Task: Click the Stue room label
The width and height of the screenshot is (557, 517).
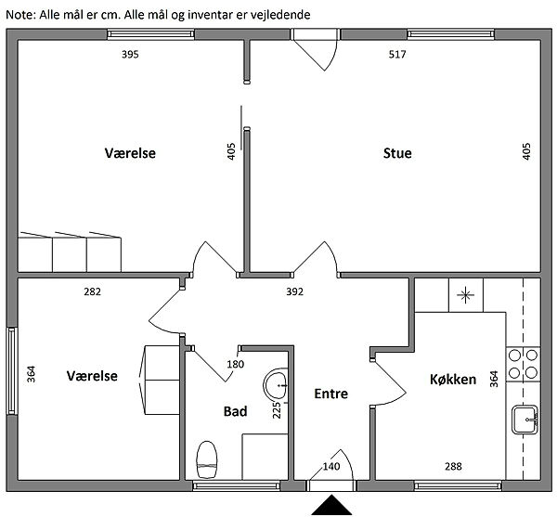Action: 397,153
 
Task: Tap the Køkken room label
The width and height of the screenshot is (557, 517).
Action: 453,380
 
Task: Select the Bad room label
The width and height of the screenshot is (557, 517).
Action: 235,411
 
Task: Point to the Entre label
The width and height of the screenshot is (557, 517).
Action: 330,394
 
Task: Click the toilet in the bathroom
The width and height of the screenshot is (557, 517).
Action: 206,459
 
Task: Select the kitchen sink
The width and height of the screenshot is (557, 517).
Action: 525,420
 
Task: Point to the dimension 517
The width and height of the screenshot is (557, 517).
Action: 397,55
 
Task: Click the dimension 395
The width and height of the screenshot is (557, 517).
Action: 130,55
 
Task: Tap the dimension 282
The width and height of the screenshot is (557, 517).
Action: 92,291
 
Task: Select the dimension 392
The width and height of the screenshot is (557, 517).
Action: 295,291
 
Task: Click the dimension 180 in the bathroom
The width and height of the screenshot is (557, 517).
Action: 236,364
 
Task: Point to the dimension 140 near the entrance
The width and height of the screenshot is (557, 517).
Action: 331,466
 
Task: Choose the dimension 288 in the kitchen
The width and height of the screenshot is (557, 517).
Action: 453,466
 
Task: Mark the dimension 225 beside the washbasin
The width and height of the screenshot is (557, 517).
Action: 277,410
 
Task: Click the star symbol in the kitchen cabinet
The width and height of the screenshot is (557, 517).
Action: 465,295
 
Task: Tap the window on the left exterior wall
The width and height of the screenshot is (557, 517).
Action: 12,370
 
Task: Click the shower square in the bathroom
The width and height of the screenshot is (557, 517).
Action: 265,457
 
